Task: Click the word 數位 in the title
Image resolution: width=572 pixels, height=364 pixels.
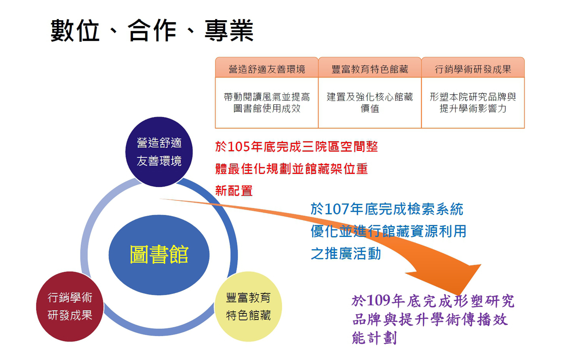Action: tap(74, 31)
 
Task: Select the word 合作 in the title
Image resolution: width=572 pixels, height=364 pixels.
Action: tap(152, 31)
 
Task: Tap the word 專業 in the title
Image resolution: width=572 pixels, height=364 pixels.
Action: tap(229, 31)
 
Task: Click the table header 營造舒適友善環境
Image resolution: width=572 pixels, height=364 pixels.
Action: tap(267, 69)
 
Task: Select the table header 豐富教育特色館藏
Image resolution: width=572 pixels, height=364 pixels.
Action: tap(370, 69)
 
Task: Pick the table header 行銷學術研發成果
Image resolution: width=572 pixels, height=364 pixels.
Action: tap(473, 69)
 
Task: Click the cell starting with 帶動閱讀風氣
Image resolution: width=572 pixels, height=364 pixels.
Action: tap(267, 103)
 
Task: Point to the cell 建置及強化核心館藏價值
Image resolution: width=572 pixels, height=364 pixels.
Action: tap(370, 103)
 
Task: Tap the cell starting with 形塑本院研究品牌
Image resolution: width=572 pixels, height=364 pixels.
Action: tap(473, 103)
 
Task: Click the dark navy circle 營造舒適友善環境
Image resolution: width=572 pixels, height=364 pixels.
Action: tap(159, 152)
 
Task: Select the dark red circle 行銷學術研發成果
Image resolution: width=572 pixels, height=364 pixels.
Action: tap(70, 307)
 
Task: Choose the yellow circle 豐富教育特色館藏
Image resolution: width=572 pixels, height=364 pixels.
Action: tap(248, 307)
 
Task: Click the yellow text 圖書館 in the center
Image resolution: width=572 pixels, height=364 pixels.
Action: tap(159, 254)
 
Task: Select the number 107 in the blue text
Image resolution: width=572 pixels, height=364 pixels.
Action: tap(337, 209)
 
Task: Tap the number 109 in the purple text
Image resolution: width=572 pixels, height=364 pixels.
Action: tap(379, 301)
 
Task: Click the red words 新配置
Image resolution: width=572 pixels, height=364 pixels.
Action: tap(234, 191)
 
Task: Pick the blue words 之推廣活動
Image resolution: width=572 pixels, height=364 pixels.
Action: tap(346, 254)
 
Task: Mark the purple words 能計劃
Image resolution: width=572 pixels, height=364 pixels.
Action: tap(374, 338)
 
